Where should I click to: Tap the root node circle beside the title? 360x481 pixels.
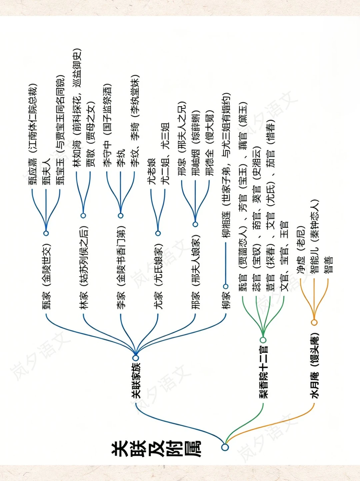pyautogui.click(x=225, y=447)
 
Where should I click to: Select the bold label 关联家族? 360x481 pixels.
pyautogui.click(x=136, y=380)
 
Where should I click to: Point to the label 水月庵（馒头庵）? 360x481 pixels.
pyautogui.click(x=314, y=365)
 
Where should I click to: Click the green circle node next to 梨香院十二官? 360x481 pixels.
pyautogui.click(x=263, y=340)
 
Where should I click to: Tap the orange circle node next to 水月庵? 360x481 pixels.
pyautogui.click(x=314, y=322)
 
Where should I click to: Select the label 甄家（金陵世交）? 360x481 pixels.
pyautogui.click(x=46, y=276)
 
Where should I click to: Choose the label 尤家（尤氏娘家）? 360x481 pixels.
pyautogui.click(x=158, y=276)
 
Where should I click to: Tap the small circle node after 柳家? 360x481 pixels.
pyautogui.click(x=226, y=286)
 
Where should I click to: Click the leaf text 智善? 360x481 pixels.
pyautogui.click(x=329, y=265)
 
